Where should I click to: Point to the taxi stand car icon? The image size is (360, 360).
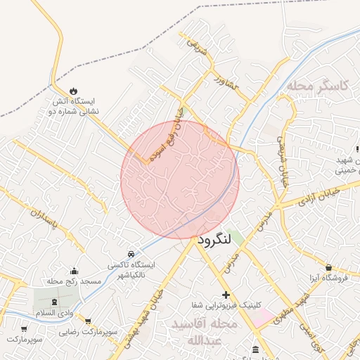(x=131, y=253)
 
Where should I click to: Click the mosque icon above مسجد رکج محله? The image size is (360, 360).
(x=74, y=271)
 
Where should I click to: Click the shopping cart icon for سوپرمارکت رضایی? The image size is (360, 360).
(x=88, y=320)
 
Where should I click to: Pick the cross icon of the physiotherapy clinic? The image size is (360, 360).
(x=225, y=295)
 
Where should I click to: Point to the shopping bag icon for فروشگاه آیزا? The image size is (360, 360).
(x=328, y=268)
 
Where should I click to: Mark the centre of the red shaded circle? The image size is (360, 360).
(x=180, y=179)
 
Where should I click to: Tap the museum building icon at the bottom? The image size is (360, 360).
(x=254, y=349)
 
